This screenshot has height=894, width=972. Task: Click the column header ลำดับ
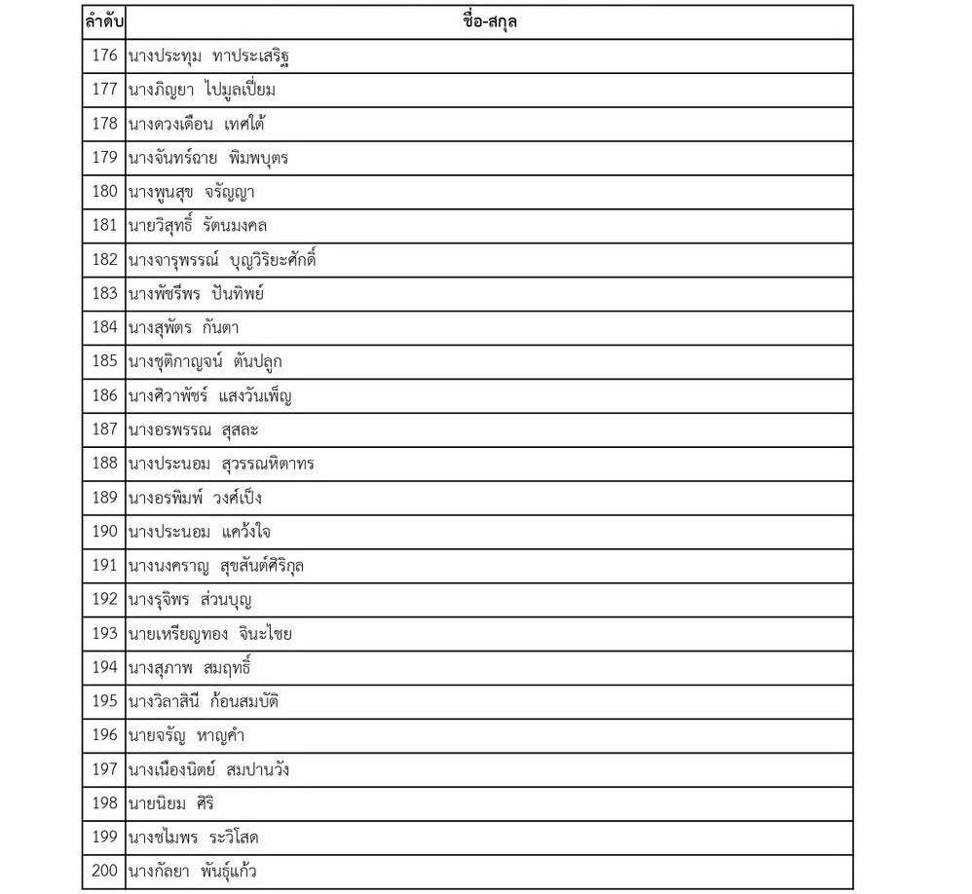[103, 21]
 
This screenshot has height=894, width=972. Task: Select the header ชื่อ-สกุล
[490, 21]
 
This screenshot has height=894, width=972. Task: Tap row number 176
[104, 56]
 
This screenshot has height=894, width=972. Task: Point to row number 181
[104, 226]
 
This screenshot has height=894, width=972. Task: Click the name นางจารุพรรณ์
[171, 260]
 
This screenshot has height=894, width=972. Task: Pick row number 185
[104, 361]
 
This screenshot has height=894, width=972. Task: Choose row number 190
[104, 532]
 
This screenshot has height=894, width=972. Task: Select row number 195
[104, 702]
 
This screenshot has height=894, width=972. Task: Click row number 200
[104, 872]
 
